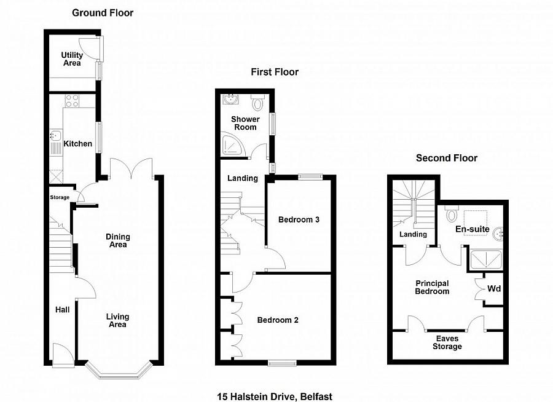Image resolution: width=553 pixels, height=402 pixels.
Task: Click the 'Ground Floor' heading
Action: (x=103, y=12)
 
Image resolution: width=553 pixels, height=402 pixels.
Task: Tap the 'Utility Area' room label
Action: (x=71, y=59)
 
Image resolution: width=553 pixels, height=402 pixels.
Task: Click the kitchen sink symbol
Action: (x=55, y=135)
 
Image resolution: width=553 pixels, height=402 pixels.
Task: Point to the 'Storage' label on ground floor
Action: (x=60, y=197)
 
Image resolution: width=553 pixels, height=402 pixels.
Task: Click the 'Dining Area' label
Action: (x=117, y=240)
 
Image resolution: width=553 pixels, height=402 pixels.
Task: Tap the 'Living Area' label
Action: (x=117, y=320)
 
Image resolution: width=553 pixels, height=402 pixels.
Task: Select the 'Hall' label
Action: (x=62, y=310)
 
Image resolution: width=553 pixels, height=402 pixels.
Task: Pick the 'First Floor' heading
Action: (x=274, y=72)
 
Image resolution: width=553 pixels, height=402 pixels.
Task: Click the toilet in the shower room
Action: (x=257, y=103)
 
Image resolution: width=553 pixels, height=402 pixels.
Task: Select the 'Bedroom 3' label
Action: (x=299, y=219)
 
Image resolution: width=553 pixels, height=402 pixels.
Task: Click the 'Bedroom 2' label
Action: (x=278, y=320)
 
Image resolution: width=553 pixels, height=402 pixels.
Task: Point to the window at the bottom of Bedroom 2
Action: (x=282, y=363)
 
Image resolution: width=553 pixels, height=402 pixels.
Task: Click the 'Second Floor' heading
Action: (x=447, y=158)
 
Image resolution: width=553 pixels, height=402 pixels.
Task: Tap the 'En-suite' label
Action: (x=473, y=229)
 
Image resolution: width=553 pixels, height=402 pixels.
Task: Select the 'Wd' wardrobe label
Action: (x=494, y=288)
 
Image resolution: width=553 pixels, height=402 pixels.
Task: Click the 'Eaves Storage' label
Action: (x=447, y=342)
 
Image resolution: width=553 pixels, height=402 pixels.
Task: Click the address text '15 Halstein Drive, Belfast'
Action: (x=274, y=396)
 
